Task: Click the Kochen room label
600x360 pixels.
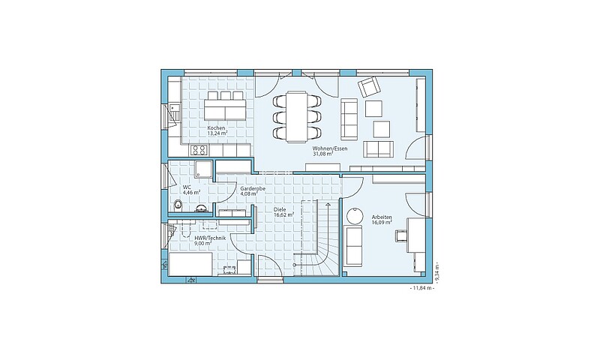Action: (216, 128)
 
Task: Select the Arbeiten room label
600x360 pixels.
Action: (382, 217)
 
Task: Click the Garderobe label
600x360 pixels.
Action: (253, 188)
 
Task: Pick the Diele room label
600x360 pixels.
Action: (280, 210)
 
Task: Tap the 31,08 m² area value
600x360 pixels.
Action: (323, 154)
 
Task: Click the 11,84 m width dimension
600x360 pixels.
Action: (421, 288)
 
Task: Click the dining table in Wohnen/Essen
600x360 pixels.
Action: (297, 116)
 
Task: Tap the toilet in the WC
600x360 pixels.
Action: (178, 205)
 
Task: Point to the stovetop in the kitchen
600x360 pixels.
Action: (199, 150)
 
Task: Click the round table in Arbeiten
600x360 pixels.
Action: (354, 216)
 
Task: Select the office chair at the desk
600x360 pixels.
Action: (400, 235)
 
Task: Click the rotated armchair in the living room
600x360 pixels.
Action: (370, 87)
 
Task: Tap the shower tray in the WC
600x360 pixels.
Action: (203, 169)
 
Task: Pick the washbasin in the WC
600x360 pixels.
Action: (201, 208)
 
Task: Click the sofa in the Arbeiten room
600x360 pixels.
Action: (353, 245)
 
